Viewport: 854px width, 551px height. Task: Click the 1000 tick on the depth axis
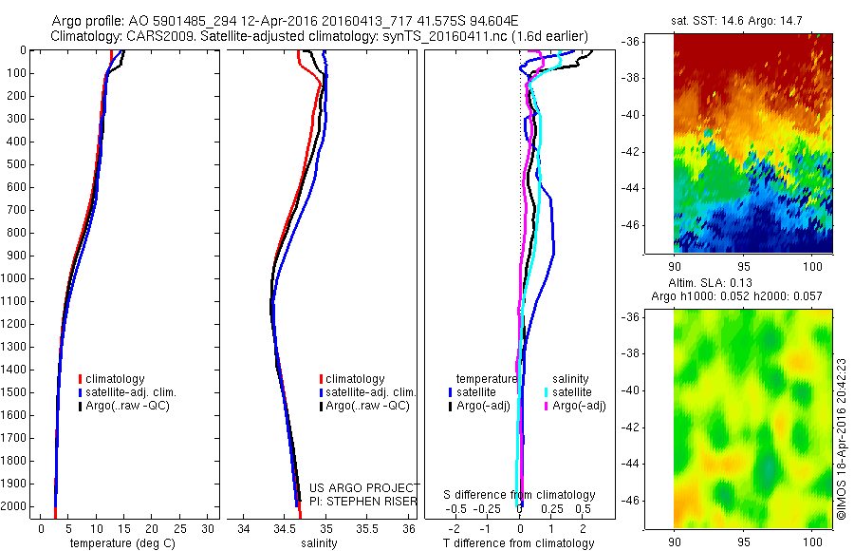pos(14,278)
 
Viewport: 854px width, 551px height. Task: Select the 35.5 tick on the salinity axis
pos(368,528)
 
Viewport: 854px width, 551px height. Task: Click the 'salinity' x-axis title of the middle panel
pos(319,543)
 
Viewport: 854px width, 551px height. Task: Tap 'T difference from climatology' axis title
pos(518,543)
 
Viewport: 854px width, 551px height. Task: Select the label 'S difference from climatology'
pos(519,495)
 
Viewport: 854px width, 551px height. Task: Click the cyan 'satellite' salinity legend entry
pos(572,391)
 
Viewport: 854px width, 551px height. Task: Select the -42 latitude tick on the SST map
pos(631,152)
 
